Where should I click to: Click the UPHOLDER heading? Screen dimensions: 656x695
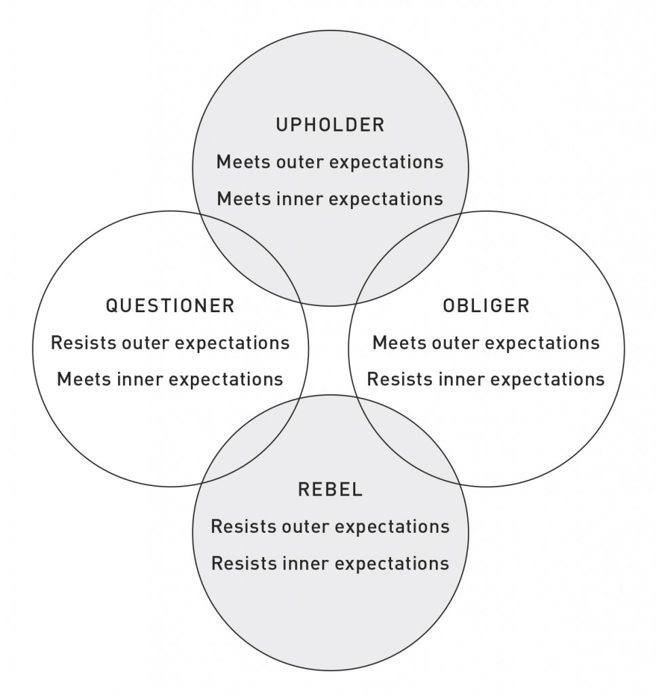(330, 125)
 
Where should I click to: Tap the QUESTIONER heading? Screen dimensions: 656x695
(170, 306)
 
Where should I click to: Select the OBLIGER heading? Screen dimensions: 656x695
(486, 306)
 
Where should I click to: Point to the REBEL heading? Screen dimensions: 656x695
(331, 489)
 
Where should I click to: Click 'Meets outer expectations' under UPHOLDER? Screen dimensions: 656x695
(330, 162)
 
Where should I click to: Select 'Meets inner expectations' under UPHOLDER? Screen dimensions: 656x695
(330, 199)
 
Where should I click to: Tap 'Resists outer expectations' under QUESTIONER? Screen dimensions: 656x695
(170, 343)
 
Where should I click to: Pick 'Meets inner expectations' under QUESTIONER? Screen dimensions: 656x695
(170, 379)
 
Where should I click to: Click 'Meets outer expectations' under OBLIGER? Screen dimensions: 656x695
(486, 343)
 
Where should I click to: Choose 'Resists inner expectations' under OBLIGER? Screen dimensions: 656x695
(486, 379)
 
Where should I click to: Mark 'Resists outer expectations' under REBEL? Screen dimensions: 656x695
(331, 527)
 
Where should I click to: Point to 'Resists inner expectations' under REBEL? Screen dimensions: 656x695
(331, 563)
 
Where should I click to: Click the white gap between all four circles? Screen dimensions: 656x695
(328, 350)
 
